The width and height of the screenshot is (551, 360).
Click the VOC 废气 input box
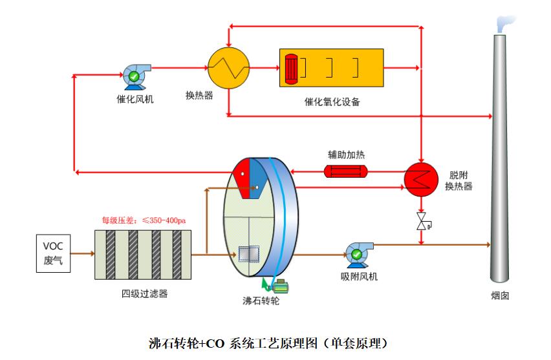[x=53, y=253]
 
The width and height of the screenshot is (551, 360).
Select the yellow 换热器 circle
[x=228, y=67]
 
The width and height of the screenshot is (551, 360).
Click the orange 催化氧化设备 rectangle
[x=331, y=67]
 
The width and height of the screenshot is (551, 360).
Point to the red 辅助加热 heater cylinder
[x=345, y=171]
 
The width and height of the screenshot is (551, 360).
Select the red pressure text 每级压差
[x=144, y=220]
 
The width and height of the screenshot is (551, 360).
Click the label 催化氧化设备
[x=332, y=101]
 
